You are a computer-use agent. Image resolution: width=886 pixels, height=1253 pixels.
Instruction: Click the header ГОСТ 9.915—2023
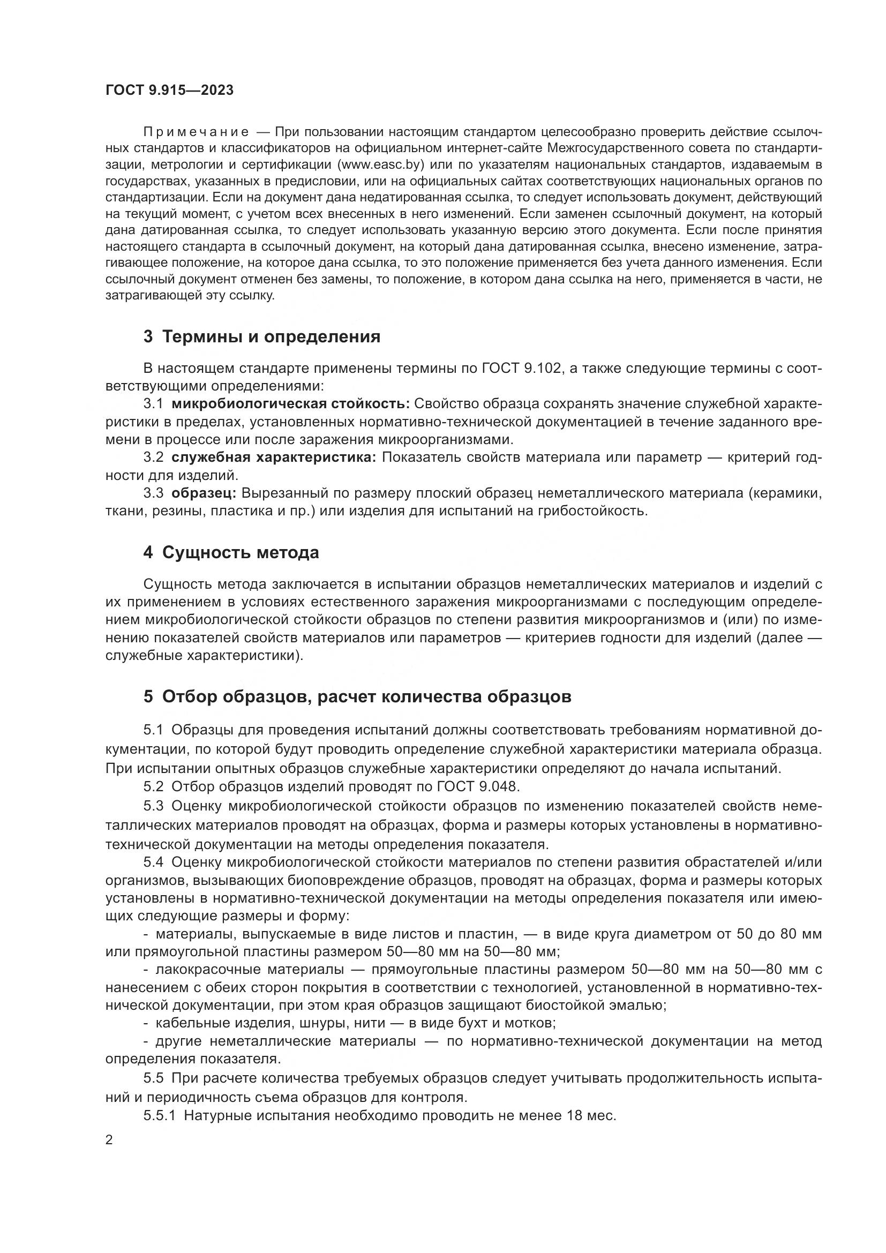pyautogui.click(x=169, y=91)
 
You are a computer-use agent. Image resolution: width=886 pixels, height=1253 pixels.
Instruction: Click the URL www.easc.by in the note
pyautogui.click(x=380, y=164)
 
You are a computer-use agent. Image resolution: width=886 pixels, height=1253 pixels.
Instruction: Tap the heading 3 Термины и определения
pyautogui.click(x=262, y=337)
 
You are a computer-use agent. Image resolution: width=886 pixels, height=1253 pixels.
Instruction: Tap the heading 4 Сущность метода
pyautogui.click(x=231, y=553)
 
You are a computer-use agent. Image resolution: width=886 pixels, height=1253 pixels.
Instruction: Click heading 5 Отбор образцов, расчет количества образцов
pyautogui.click(x=357, y=697)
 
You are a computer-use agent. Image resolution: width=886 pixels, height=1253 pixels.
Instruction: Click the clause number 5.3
pyautogui.click(x=153, y=806)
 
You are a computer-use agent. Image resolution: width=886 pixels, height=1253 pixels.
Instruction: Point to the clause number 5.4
pyautogui.click(x=153, y=862)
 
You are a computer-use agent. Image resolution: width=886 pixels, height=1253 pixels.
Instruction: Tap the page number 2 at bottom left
pyautogui.click(x=109, y=1140)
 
